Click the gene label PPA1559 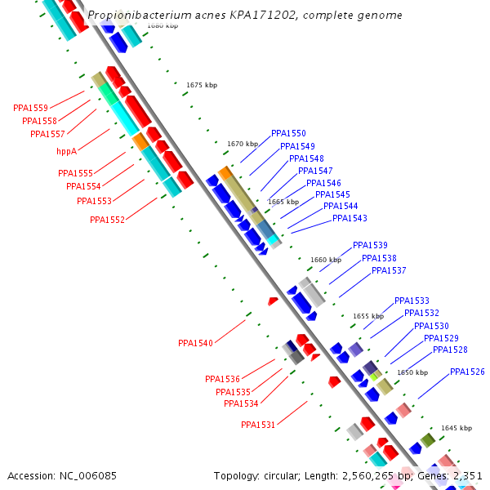30,108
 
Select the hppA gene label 66,151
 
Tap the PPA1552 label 107,220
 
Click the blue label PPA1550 288,133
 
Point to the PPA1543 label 350,218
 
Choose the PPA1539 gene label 370,245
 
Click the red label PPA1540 195,343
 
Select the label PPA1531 258,425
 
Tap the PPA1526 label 467,372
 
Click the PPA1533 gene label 412,301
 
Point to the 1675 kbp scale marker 202,85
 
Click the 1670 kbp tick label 243,144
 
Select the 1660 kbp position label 325,260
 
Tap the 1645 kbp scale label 457,428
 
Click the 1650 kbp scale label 412,372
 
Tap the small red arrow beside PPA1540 273,301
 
